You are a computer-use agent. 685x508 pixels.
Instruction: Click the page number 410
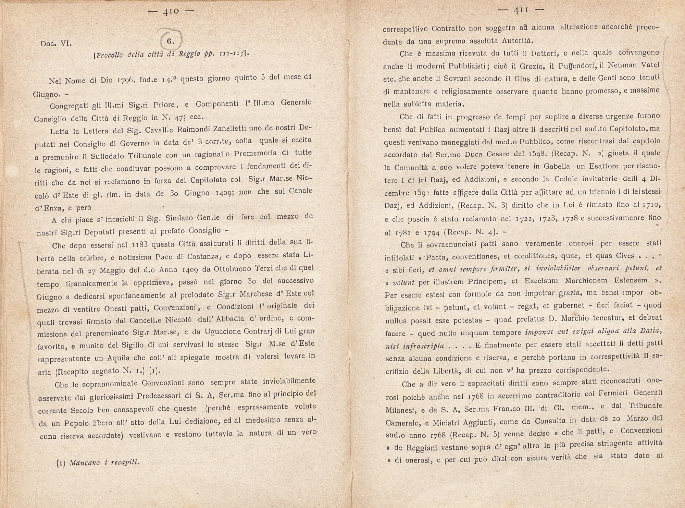tap(171, 11)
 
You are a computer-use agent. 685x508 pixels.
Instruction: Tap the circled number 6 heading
tap(171, 41)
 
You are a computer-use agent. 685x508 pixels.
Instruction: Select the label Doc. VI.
tap(56, 44)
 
